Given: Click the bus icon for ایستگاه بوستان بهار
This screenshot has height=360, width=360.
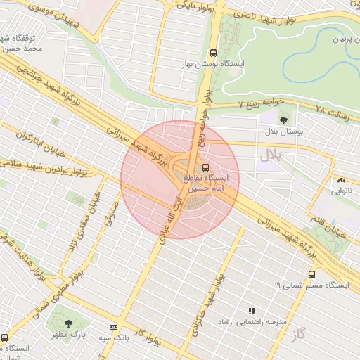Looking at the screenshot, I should (x=213, y=53).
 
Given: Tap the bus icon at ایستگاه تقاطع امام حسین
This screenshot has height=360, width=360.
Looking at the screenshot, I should (x=205, y=167).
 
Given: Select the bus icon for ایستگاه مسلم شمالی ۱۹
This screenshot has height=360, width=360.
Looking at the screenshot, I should (x=311, y=274).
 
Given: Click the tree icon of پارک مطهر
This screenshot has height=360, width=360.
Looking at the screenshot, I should (x=68, y=323).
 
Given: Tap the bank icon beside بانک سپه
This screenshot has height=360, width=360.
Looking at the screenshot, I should (x=114, y=327).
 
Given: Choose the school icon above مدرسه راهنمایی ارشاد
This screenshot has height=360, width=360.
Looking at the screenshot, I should (x=251, y=310).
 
